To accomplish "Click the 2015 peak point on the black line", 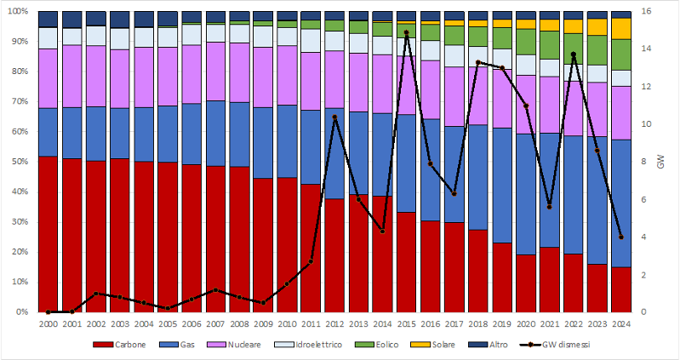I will [407, 32].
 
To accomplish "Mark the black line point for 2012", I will [334, 117].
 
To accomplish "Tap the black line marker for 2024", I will [622, 237].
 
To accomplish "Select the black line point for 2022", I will [574, 54].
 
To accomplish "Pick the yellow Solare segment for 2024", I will [622, 28].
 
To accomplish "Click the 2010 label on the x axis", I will [287, 323].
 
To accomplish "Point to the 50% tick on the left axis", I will [19, 162].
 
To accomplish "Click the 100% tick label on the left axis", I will [17, 11].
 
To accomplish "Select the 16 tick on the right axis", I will [647, 11].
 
